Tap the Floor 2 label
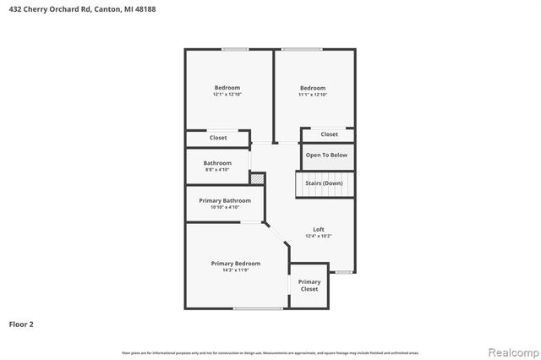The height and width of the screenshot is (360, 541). [x=21, y=324]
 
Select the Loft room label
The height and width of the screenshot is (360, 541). [x=319, y=229]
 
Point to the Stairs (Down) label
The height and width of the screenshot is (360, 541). [x=324, y=183]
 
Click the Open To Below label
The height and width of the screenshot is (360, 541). [x=326, y=155]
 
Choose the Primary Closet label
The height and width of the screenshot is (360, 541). [x=309, y=286]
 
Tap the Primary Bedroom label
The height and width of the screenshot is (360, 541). [x=236, y=264]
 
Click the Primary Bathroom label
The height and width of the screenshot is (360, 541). [x=225, y=200]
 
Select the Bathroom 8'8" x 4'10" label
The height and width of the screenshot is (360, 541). [x=217, y=166]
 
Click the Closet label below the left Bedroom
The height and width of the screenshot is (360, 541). [x=218, y=138]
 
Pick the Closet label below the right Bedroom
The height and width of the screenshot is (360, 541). [x=329, y=134]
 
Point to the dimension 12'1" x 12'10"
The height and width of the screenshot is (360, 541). [x=227, y=95]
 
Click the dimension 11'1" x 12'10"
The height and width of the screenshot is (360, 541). [x=313, y=95]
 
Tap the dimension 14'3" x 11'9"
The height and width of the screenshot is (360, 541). [x=236, y=270]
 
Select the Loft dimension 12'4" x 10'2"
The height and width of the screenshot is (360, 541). [x=319, y=236]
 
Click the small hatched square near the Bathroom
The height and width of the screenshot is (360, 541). [x=257, y=178]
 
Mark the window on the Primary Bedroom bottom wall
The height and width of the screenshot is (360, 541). [x=257, y=308]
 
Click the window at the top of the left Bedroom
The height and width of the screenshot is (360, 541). [x=234, y=49]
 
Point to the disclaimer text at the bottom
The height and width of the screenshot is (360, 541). [x=270, y=352]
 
